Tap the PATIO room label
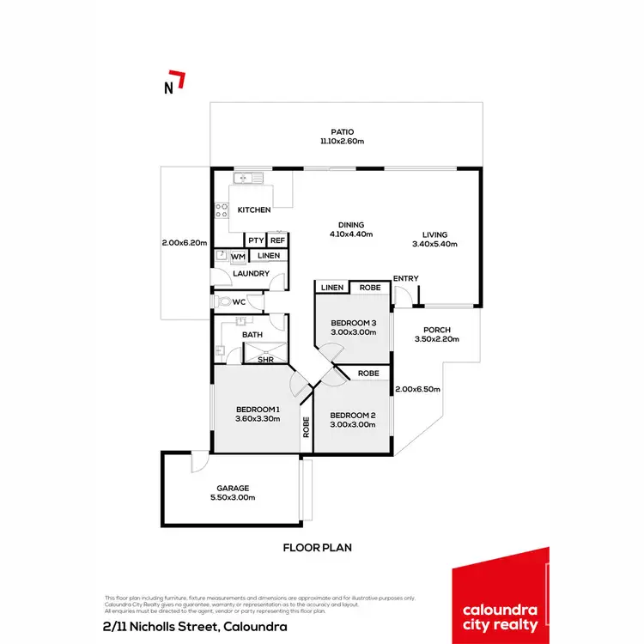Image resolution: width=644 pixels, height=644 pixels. click(x=343, y=132)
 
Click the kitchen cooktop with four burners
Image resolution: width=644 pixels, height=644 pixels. click(x=222, y=210)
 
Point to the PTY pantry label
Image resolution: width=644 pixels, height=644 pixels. click(x=256, y=241)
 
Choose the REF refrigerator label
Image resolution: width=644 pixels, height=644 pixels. click(x=277, y=241)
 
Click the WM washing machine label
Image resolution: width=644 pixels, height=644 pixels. click(x=239, y=256)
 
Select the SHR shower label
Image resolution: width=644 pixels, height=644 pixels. click(x=265, y=360)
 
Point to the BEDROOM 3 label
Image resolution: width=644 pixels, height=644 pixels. click(x=355, y=324)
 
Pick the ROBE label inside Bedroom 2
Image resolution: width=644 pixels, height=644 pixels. click(x=368, y=374)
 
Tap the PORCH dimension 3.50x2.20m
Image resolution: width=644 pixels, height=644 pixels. click(x=438, y=340)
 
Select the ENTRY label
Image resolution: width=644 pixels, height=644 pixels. click(x=405, y=278)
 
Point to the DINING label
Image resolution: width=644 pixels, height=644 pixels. click(x=352, y=225)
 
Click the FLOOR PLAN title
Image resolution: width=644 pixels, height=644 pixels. click(x=318, y=547)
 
